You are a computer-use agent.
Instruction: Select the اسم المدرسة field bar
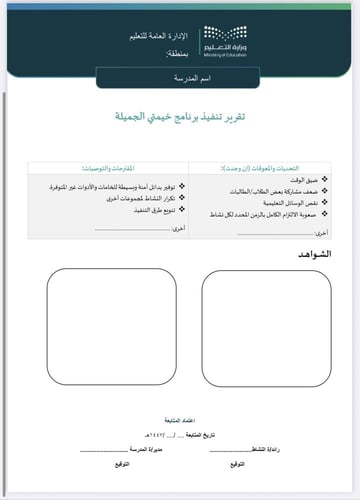(x=180, y=77)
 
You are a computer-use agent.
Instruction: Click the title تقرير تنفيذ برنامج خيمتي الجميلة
(x=180, y=118)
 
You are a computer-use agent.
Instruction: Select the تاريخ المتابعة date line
(x=179, y=437)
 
